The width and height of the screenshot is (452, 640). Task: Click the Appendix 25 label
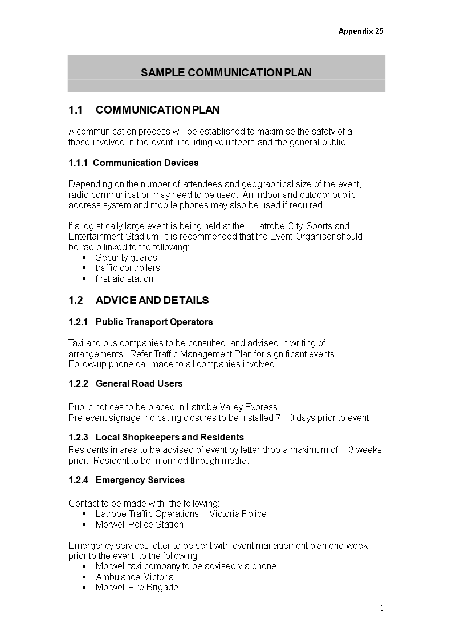click(x=360, y=31)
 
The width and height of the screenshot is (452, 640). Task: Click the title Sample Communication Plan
click(x=226, y=72)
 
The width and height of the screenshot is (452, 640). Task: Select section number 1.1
click(x=76, y=110)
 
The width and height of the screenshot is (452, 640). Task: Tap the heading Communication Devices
click(x=145, y=163)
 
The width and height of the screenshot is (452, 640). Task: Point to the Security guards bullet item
click(x=126, y=258)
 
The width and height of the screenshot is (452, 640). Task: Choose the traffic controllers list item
click(x=128, y=268)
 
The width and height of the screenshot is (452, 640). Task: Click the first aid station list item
click(x=124, y=279)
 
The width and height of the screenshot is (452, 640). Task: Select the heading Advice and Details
click(x=152, y=301)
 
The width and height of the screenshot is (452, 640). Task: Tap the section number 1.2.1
click(x=79, y=322)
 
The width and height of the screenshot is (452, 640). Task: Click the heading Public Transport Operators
click(x=154, y=322)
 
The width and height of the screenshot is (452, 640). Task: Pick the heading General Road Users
click(x=139, y=384)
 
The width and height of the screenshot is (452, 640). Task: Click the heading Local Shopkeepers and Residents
click(x=170, y=438)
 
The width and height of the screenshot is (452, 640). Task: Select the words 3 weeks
click(x=365, y=450)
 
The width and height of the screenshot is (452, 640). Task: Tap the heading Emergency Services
click(x=140, y=480)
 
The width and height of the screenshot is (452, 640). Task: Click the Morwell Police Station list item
click(x=141, y=525)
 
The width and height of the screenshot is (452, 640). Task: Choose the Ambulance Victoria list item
click(x=135, y=577)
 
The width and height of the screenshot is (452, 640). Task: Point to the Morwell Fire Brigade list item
click(x=137, y=588)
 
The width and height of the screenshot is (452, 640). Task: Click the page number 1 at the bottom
click(x=382, y=608)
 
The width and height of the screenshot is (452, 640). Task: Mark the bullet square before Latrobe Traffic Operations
click(x=84, y=514)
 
